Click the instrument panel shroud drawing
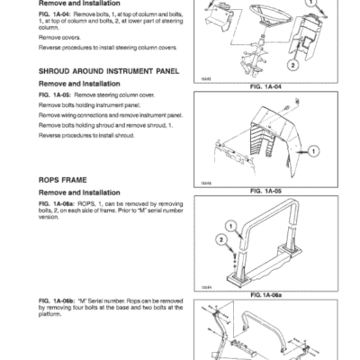[271, 139]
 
